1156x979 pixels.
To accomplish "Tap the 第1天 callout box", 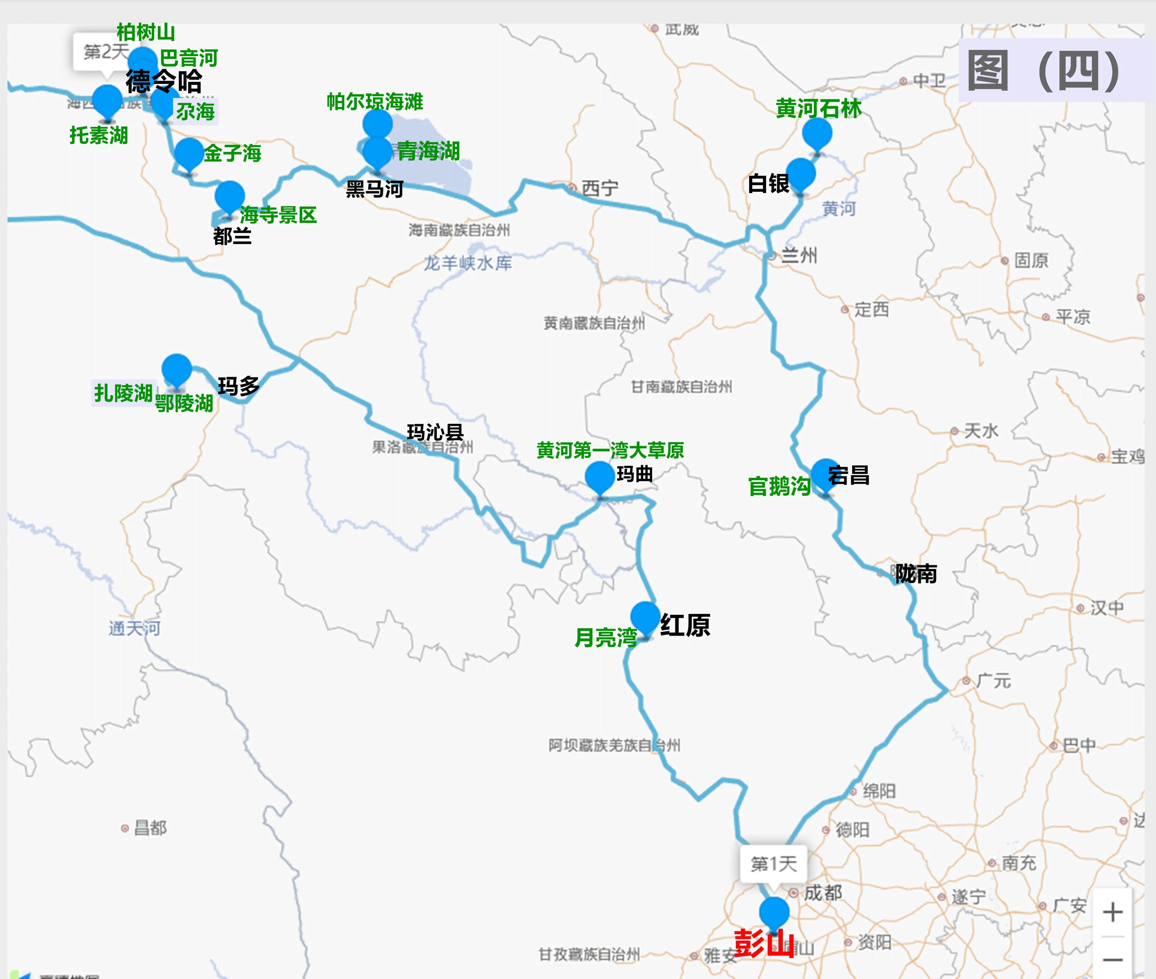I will coord(774,863).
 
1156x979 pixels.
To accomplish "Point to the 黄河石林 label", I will coord(819,108).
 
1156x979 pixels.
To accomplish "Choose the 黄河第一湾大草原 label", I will coord(610,450).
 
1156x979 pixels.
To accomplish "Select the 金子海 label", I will coord(232,153).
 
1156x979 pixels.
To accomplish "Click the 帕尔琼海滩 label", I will coord(375,102).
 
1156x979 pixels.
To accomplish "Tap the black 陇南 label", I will coord(916,574).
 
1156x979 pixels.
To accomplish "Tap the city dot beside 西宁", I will coord(572,187).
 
